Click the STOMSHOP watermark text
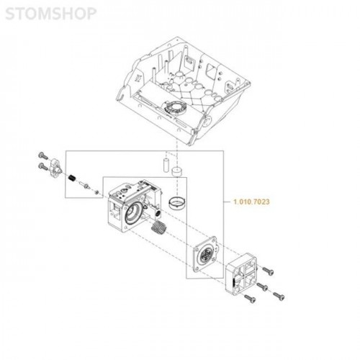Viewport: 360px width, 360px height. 50,14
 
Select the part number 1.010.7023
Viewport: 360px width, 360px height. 251,202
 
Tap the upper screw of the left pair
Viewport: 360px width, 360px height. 43,156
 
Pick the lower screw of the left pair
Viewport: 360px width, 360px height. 43,166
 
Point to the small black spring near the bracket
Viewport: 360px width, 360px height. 71,178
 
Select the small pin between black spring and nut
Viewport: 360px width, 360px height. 84,185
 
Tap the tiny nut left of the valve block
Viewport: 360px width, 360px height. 96,192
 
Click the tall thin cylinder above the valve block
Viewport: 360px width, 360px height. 166,165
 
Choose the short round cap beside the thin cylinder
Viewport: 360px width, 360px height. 177,171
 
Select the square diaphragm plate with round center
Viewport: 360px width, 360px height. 205,254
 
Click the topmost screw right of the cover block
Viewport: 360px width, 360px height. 268,271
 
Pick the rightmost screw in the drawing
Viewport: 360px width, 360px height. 279,296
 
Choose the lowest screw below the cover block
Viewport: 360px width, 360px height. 250,299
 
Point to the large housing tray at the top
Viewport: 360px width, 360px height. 183,91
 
